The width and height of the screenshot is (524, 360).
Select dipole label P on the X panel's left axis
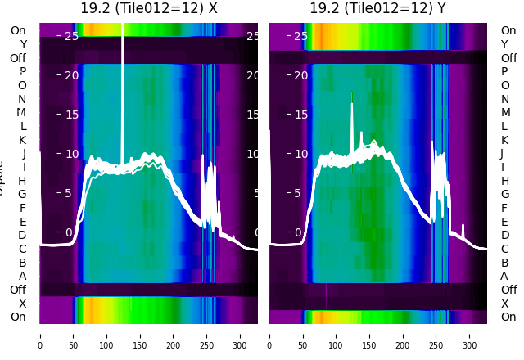(x=22, y=71)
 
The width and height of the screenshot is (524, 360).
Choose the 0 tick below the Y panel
(x=269, y=335)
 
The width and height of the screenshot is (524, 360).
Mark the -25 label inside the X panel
(x=70, y=36)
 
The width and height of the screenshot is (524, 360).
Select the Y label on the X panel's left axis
(x=23, y=44)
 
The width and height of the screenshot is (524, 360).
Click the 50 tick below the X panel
(x=73, y=335)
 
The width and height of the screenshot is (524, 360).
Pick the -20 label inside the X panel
(x=70, y=75)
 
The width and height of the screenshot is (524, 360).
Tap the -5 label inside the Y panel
(x=301, y=193)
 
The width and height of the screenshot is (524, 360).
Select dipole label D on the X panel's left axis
(x=22, y=236)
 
